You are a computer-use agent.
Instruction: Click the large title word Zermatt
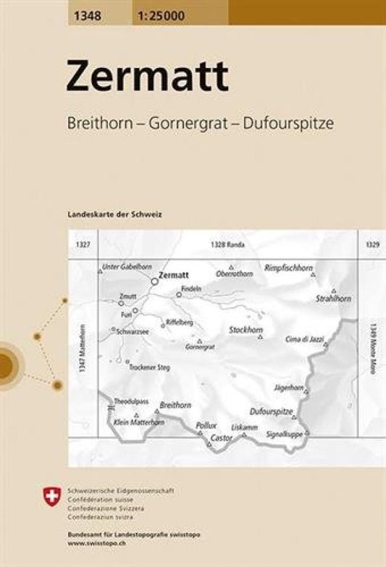[x=147, y=77]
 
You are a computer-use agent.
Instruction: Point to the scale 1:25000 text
[x=150, y=12]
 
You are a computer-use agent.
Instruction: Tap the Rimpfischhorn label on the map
[x=288, y=267]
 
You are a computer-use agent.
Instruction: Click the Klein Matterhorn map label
[x=139, y=422]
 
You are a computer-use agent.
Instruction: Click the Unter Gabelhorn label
[x=124, y=266]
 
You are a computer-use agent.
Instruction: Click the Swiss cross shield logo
[x=51, y=496]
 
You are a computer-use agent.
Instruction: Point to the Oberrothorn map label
[x=235, y=274]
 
